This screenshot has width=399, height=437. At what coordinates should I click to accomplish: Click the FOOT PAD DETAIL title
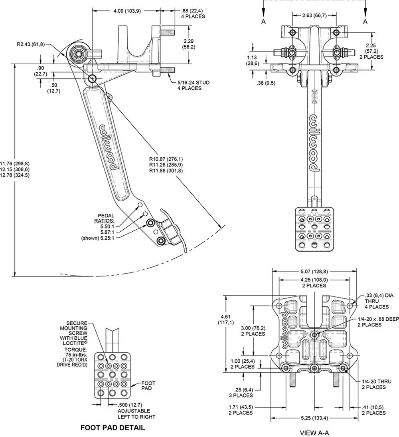tap(113, 428)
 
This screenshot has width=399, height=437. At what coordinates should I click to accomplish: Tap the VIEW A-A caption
tap(314, 432)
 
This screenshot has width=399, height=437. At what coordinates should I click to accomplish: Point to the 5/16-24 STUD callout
tap(193, 83)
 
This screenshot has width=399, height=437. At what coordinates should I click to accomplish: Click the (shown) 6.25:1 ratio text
tap(97, 238)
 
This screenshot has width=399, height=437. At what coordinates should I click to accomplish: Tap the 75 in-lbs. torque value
tap(77, 354)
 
